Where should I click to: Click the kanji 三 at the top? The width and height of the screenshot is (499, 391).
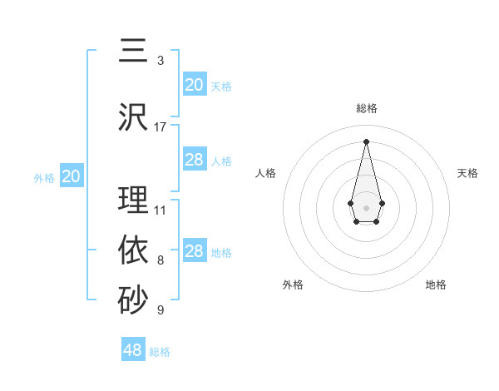coord(133,52)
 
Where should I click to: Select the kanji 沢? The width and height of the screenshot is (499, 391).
coord(133,116)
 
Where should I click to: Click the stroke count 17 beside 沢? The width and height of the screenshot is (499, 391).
coord(161,126)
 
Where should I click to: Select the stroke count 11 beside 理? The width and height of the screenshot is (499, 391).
coord(161,210)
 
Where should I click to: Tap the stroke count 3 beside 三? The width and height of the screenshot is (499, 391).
coord(161,61)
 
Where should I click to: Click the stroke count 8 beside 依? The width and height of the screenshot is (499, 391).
coord(161,260)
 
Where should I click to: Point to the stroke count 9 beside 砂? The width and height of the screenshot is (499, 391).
coord(161,310)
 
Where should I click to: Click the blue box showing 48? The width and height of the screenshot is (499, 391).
coord(133,350)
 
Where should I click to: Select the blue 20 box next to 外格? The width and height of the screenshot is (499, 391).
coord(72,176)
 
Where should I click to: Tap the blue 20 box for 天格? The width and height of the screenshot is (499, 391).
coord(194,85)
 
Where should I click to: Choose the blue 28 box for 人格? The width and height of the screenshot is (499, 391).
coord(194,160)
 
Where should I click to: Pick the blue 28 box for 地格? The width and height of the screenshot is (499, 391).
coord(194,251)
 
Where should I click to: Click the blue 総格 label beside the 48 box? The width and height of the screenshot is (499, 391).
coord(160,352)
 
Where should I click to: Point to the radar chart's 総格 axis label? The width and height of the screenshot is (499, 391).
coord(366,108)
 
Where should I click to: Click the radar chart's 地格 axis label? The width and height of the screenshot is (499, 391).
coord(436,285)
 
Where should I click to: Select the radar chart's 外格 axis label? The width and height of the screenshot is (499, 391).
coord(293,285)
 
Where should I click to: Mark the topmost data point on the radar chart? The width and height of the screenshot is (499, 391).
coord(366,141)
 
